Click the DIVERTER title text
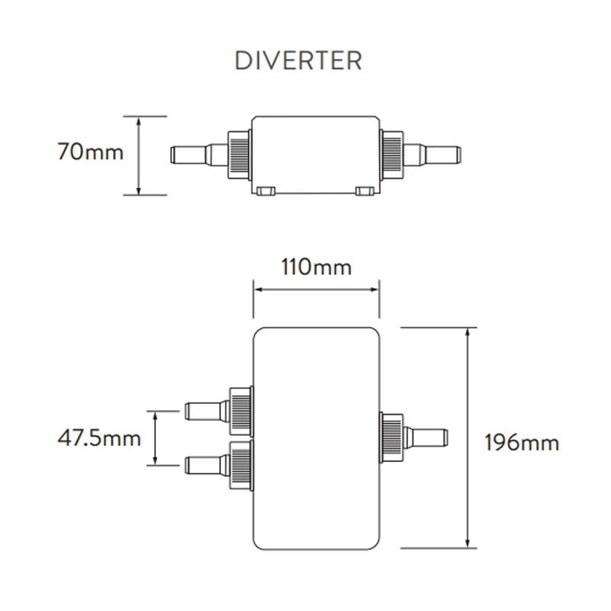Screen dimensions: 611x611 click(298, 60)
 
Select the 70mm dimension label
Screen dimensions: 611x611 click(89, 152)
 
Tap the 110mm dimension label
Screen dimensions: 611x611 click(315, 267)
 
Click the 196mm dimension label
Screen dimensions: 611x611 click(522, 441)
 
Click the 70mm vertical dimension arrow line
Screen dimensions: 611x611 click(139, 155)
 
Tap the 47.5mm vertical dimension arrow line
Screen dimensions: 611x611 click(156, 438)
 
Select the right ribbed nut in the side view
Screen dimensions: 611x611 click(392, 154)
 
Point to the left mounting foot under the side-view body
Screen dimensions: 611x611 click(266, 190)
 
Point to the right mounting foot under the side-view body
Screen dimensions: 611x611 click(365, 190)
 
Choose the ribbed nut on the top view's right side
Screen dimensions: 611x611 click(392, 437)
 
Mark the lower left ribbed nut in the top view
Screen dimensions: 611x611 click(241, 463)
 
